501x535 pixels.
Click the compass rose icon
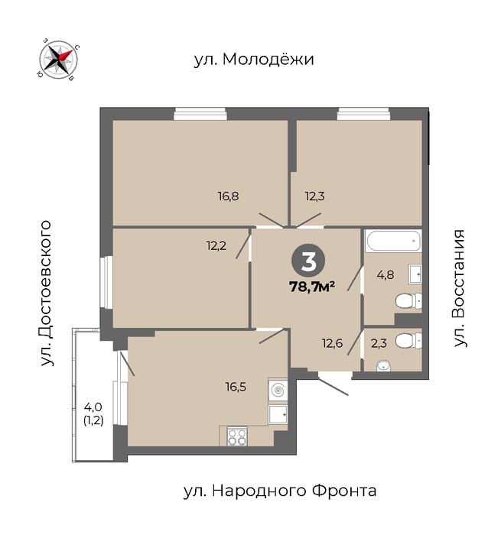pos(57,60)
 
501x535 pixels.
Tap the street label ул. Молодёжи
pos(254,59)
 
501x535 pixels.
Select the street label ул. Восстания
pos(460,288)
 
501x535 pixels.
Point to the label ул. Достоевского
pos(46,293)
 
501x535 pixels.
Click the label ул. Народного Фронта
pos(280,491)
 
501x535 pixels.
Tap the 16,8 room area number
pos(228,196)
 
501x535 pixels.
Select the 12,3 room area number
pos(314,196)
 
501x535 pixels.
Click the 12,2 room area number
pos(216,245)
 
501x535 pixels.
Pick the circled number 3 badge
pos(308,261)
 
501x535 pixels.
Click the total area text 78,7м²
pos(312,287)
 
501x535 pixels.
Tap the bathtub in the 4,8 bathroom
pos(393,241)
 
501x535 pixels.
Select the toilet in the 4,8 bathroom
pos(408,302)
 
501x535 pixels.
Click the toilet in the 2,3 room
pos(408,340)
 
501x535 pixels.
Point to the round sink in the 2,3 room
pos(383,366)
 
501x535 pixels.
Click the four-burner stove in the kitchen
pos(237,436)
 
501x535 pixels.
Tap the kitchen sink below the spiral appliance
pos(278,414)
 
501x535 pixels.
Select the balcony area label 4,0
pos(93,407)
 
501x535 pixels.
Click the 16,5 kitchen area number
pos(236,387)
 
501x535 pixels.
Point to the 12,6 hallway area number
pos(332,343)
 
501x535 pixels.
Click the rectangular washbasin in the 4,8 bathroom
pos(415,274)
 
